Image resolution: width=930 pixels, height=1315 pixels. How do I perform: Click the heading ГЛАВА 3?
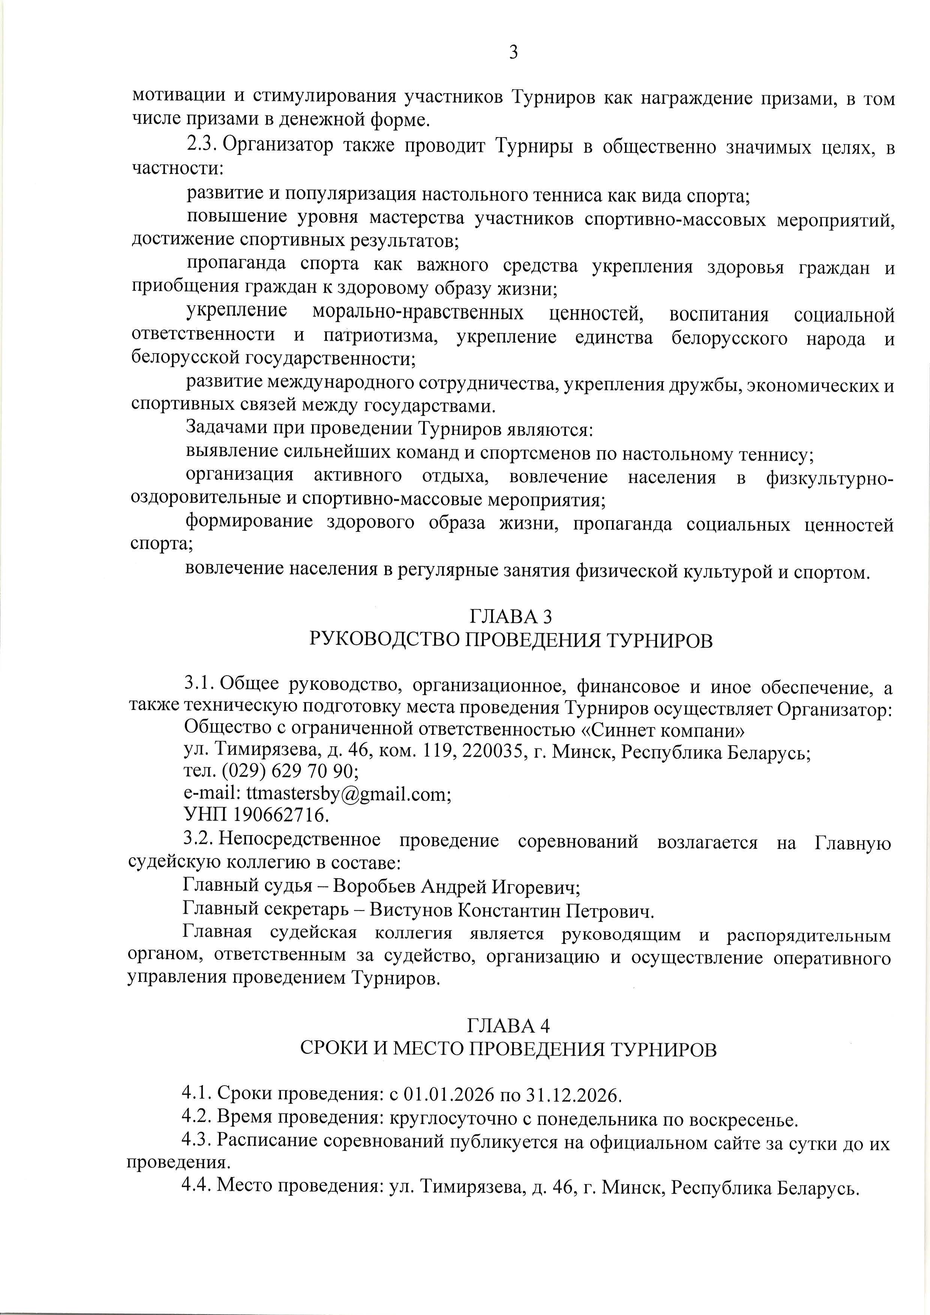click(510, 616)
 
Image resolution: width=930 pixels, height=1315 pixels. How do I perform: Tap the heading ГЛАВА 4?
click(509, 1024)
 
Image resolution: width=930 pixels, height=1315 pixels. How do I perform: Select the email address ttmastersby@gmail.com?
click(348, 794)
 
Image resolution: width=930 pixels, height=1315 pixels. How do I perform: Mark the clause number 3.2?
click(198, 840)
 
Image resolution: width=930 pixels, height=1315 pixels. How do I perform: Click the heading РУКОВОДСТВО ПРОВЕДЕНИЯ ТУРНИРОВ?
click(510, 640)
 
